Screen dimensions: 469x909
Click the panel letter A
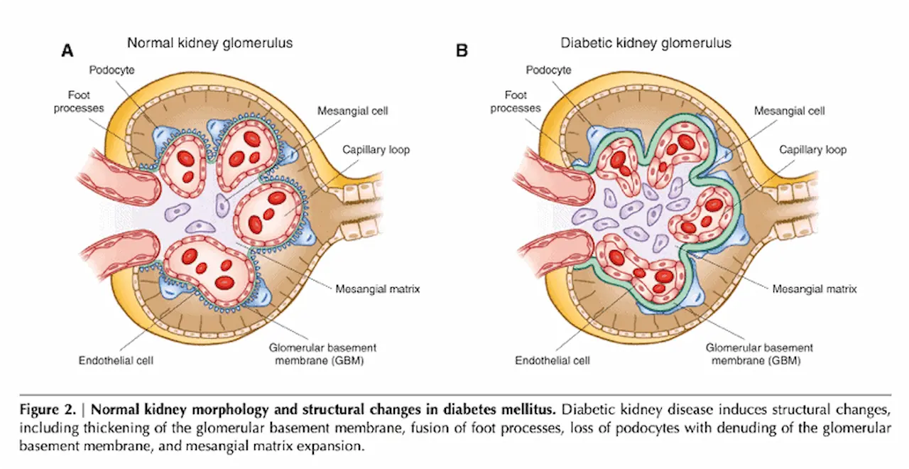67,50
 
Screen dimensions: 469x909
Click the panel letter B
462,50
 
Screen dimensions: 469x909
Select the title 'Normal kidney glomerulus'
209,43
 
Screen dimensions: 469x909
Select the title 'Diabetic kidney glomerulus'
646,43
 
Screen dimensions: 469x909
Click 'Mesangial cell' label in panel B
789,112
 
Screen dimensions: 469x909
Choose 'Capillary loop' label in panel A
376,150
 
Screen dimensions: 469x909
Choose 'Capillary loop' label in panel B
812,150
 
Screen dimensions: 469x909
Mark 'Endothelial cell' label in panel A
116,360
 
